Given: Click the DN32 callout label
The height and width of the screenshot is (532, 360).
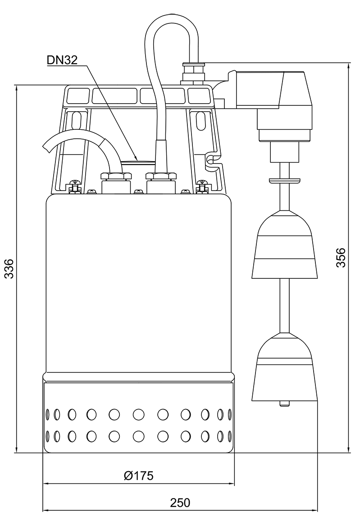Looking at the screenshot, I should click(x=62, y=60).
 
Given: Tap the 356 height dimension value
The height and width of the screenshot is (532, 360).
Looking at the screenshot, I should click(x=341, y=257).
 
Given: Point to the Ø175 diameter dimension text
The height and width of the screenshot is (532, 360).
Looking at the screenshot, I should click(x=138, y=476).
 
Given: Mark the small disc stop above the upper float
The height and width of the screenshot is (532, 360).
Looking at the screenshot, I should click(x=284, y=180).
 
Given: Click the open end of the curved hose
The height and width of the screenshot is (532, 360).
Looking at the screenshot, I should click(x=47, y=146).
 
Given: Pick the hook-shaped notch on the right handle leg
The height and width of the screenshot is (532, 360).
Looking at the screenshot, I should click(x=211, y=159).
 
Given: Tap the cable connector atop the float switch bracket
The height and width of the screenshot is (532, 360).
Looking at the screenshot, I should click(x=192, y=72).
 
